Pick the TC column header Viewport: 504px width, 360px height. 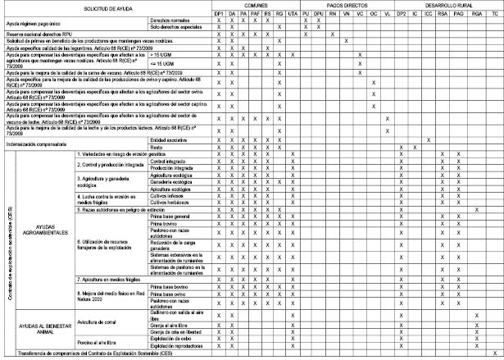tap(493, 12)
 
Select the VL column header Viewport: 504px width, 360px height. tap(387, 12)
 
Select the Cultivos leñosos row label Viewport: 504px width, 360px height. tap(168, 195)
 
